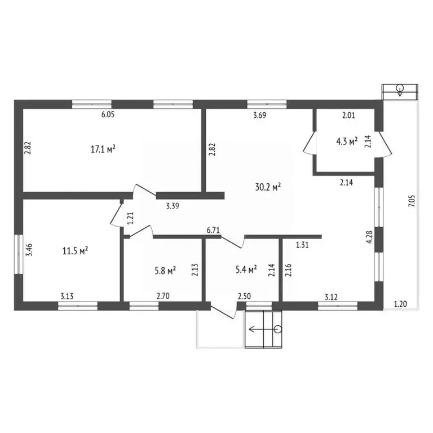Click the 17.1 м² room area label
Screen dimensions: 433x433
[103, 149]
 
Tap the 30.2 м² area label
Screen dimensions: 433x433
[268, 187]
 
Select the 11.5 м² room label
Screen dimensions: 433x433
[75, 251]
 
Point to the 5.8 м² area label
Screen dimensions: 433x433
[165, 271]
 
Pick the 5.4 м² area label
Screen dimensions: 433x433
[246, 269]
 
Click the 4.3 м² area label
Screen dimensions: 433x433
[347, 142]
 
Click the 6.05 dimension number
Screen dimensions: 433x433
[108, 114]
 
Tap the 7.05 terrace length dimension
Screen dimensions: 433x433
[412, 201]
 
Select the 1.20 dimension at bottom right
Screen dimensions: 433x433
[400, 304]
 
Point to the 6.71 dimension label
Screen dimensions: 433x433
[213, 230]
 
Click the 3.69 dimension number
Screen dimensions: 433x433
[260, 115]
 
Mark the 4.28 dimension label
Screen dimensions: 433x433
[369, 237]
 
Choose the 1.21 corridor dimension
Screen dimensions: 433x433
[130, 218]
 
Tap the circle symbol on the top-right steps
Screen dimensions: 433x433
[400, 89]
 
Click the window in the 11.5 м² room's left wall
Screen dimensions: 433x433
[19, 254]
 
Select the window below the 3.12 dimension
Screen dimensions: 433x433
[338, 306]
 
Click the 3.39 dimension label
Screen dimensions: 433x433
[173, 206]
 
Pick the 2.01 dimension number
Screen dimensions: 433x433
[348, 115]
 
